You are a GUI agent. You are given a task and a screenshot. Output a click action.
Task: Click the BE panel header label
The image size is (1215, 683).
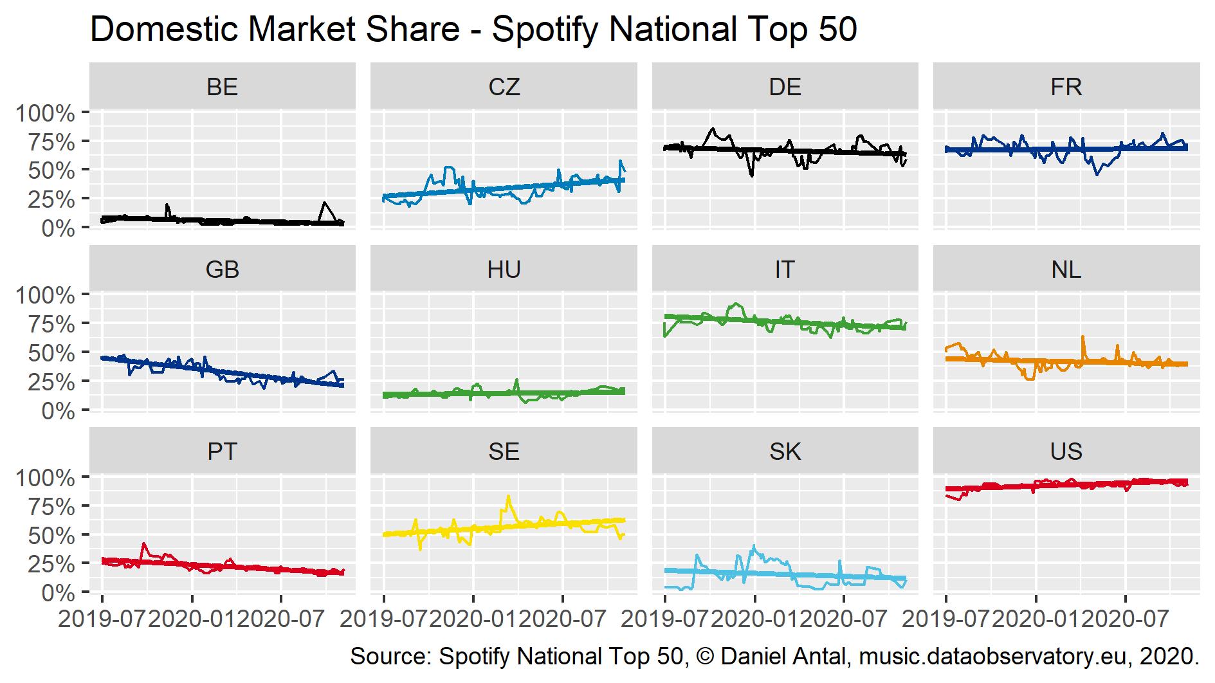pos(223,86)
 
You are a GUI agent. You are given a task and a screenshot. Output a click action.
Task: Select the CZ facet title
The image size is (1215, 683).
pos(504,86)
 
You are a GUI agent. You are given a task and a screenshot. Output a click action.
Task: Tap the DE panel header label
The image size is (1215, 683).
pos(785,86)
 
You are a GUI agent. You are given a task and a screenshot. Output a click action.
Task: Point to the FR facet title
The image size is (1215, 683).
pos(1066,86)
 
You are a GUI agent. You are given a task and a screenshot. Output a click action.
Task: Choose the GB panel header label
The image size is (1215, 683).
pos(223,269)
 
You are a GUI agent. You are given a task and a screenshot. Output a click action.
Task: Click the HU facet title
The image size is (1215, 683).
pos(504,269)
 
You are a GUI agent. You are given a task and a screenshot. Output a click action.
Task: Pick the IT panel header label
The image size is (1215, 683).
pos(785,269)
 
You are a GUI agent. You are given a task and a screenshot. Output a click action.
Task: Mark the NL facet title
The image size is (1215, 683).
pos(1066,269)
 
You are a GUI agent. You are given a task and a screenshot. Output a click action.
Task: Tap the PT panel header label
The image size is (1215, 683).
pos(223,451)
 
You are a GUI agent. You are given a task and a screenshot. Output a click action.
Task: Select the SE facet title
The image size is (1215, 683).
pos(504,451)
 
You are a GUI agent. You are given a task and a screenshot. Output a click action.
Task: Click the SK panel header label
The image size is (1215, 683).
pos(785,451)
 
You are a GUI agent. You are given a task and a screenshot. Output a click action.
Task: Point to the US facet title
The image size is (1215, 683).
pos(1066,451)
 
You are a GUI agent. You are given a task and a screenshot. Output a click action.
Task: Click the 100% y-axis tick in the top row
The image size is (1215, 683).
pos(45,114)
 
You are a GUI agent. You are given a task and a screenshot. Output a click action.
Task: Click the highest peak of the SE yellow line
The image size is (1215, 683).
pos(508,496)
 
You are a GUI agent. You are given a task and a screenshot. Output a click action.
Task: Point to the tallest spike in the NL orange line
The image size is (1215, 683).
pos(1083,336)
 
